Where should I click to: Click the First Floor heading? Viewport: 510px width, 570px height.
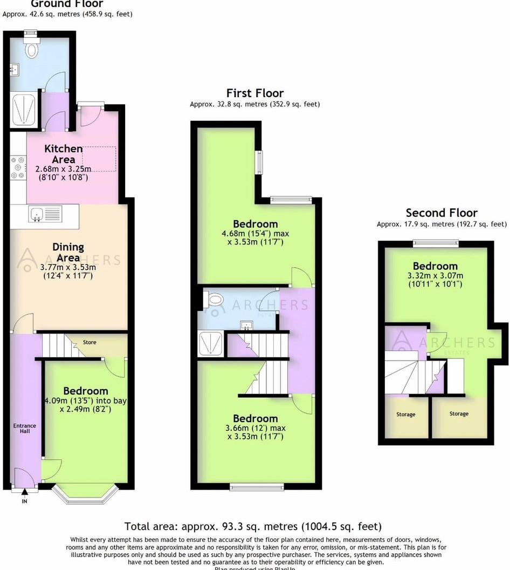click(254, 93)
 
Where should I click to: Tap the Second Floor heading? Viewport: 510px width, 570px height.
click(441, 213)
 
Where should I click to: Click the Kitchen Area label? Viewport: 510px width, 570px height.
click(64, 154)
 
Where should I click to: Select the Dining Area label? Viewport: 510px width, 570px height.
click(68, 252)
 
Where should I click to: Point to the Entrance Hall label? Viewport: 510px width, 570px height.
click(24, 429)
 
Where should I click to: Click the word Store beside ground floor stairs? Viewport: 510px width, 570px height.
click(89, 342)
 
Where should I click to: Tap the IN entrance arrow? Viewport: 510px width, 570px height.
click(24, 492)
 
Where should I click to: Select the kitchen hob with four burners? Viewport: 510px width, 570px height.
click(18, 167)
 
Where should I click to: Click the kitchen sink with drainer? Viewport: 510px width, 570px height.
click(46, 214)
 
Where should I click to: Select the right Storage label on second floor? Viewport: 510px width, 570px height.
click(459, 414)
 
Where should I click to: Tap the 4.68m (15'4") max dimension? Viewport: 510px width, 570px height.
click(255, 234)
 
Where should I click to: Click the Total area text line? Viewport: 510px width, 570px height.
click(253, 526)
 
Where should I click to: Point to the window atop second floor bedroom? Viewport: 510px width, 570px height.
click(436, 243)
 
